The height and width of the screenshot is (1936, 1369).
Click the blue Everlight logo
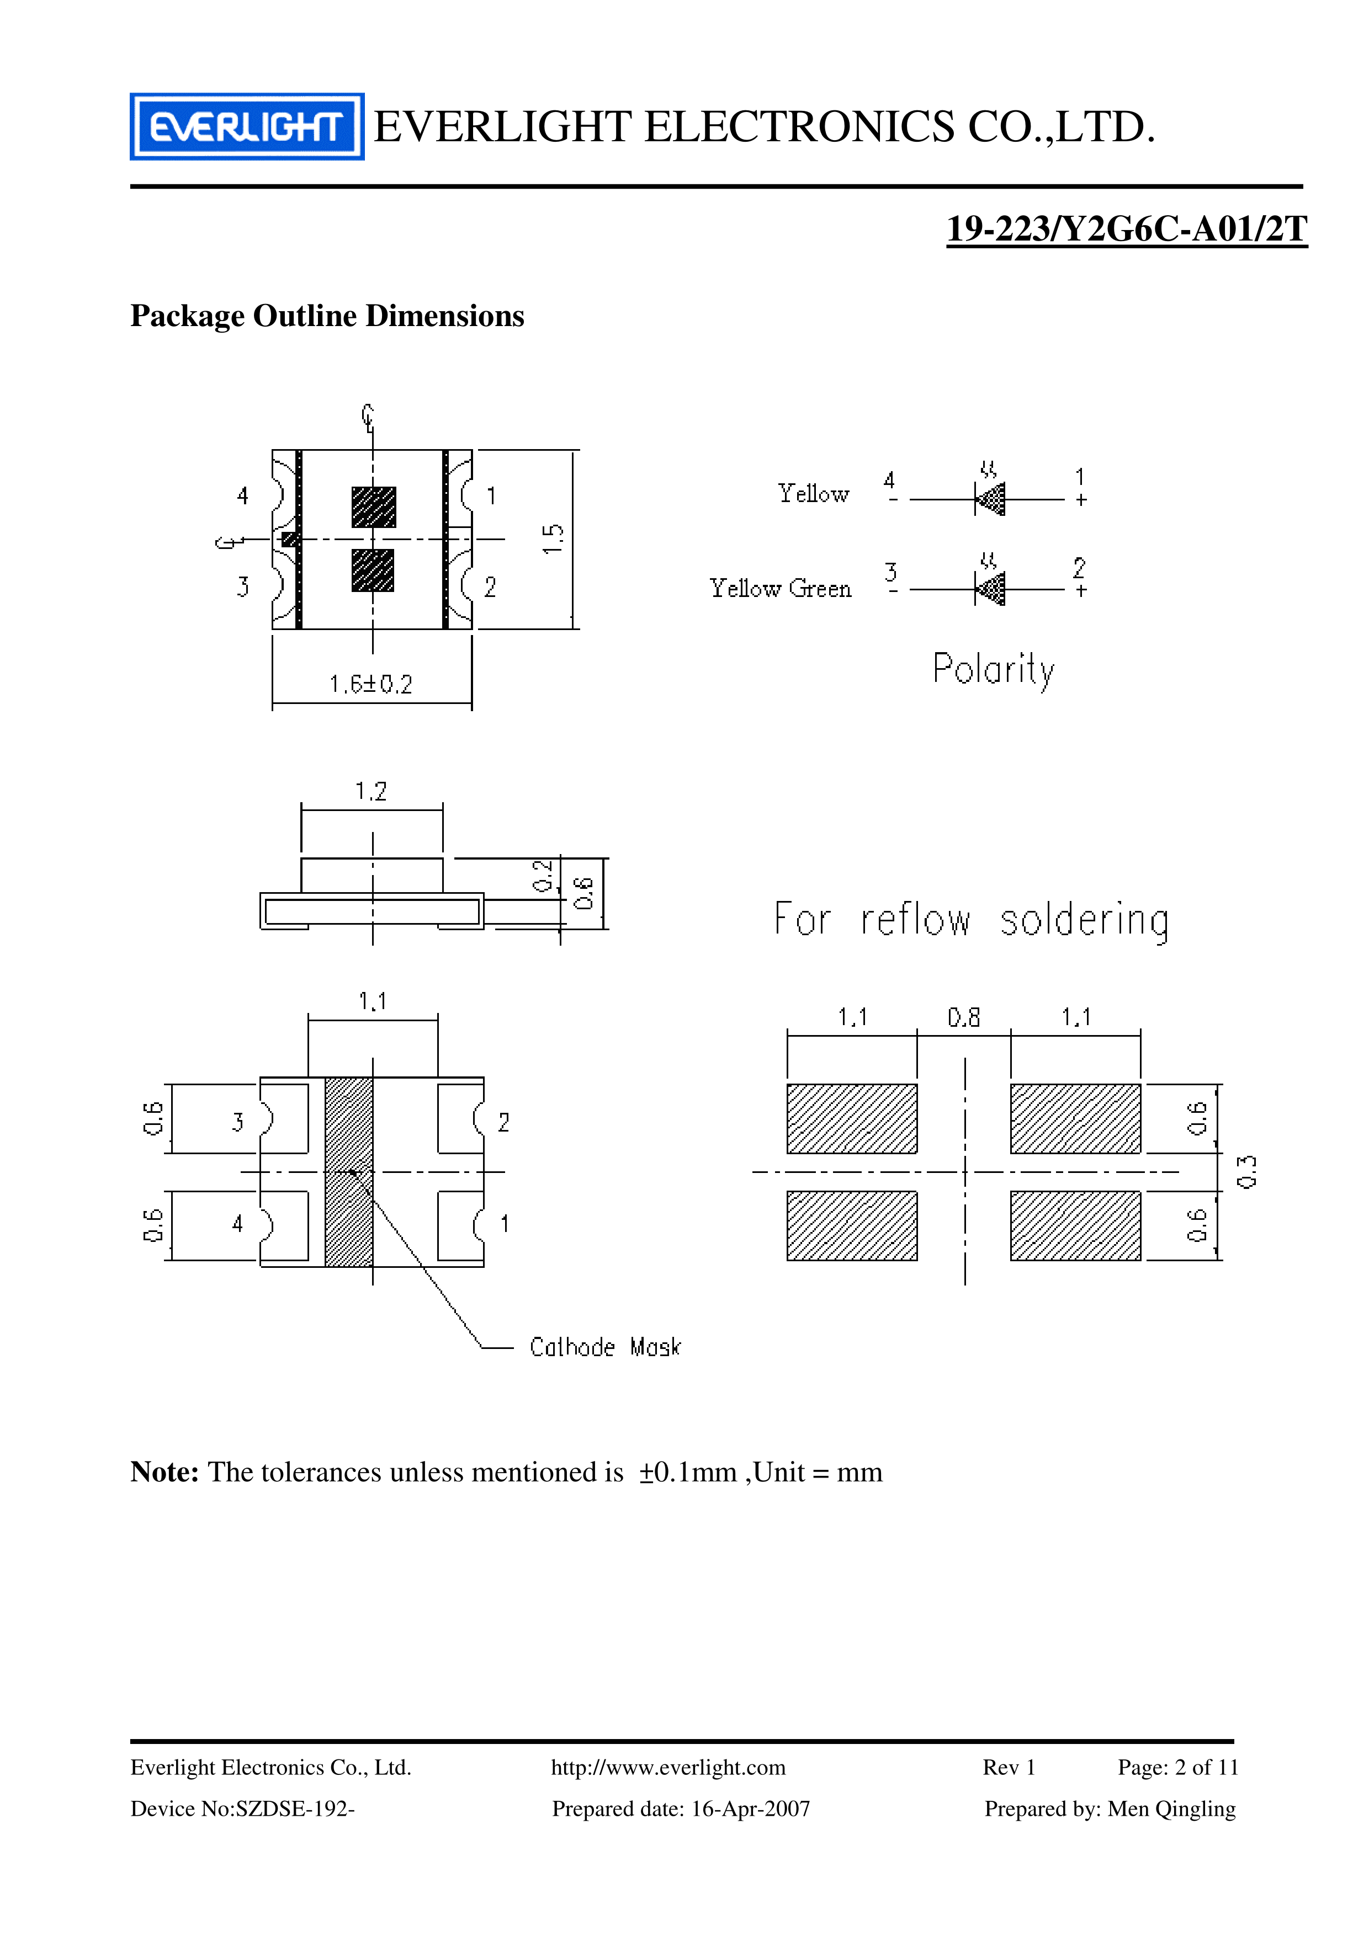tap(246, 126)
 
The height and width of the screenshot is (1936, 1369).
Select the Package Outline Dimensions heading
tap(327, 316)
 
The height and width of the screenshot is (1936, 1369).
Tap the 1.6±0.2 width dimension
tap(371, 684)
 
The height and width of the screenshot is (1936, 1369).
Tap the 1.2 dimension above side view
tap(371, 792)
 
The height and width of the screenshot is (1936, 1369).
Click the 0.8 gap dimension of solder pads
tap(963, 1018)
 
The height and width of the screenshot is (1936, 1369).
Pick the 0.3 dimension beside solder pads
tap(1246, 1171)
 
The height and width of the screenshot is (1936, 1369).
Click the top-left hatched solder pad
tap(852, 1118)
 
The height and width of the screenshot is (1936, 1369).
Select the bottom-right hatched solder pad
tap(1075, 1225)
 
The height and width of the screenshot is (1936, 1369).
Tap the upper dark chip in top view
tap(374, 507)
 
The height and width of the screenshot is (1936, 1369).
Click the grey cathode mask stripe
tap(348, 1172)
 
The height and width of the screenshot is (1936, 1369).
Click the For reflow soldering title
tap(972, 919)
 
